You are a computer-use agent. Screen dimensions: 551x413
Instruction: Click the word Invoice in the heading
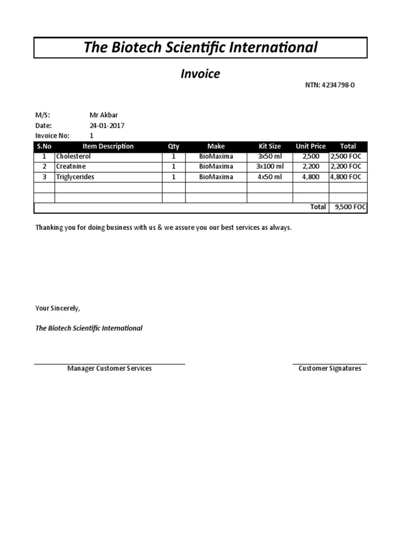[200, 74]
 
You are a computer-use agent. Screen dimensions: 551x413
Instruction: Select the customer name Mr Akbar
[103, 115]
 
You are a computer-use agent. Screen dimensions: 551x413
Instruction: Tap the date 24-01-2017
[106, 125]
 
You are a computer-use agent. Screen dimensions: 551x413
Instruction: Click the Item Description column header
[108, 146]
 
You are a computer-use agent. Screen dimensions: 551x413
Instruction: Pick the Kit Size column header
[269, 146]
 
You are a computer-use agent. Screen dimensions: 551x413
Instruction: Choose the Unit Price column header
[310, 146]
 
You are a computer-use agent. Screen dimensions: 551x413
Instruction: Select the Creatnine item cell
[71, 167]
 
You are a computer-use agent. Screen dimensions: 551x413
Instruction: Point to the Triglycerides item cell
[75, 177]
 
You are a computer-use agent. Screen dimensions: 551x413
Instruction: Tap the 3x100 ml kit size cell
[269, 167]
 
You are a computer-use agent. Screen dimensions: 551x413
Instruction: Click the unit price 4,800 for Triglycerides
[311, 177]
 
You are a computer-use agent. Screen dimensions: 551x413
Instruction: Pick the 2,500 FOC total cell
[346, 157]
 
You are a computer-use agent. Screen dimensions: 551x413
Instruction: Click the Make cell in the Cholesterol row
[216, 157]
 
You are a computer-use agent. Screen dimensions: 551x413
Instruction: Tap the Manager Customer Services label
[109, 369]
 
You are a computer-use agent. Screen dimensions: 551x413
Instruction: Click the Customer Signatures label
[330, 369]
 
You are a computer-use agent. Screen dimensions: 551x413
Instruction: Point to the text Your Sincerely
[58, 308]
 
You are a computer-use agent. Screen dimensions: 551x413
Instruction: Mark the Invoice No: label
[52, 136]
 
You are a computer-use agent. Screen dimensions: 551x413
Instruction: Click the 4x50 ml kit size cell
[269, 177]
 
